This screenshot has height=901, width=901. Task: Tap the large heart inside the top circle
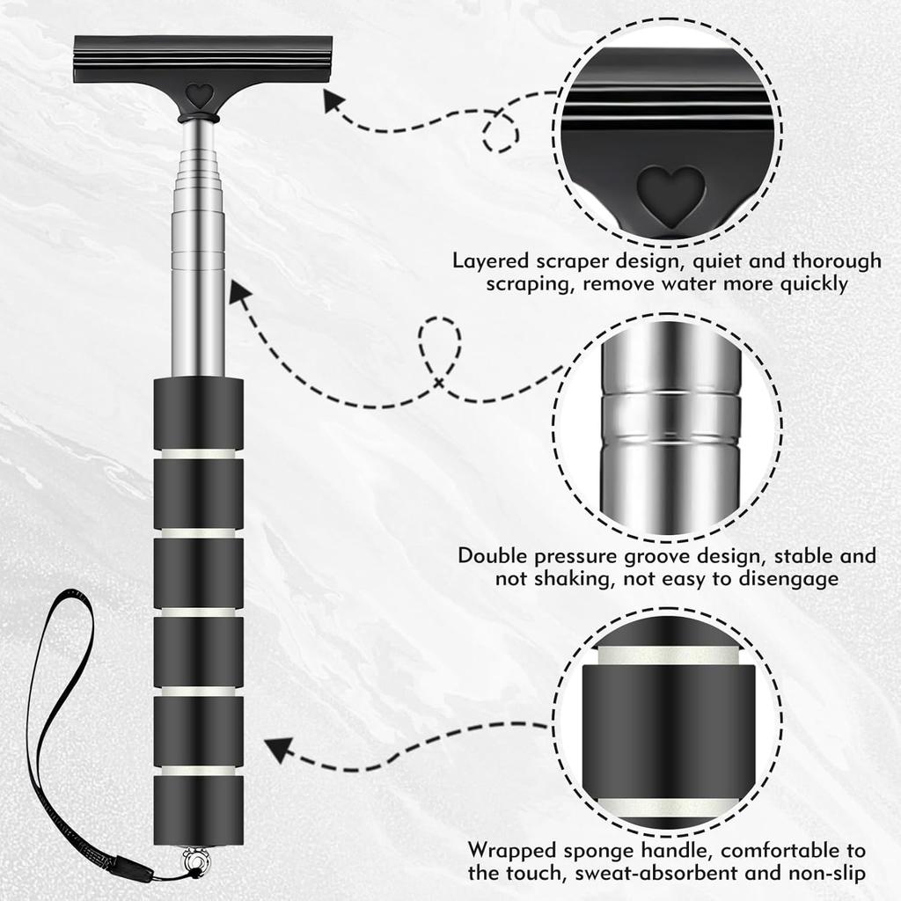[670, 193]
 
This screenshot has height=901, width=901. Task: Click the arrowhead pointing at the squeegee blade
[334, 102]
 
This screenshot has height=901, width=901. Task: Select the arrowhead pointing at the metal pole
[238, 291]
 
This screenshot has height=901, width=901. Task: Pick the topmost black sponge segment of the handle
[199, 413]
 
